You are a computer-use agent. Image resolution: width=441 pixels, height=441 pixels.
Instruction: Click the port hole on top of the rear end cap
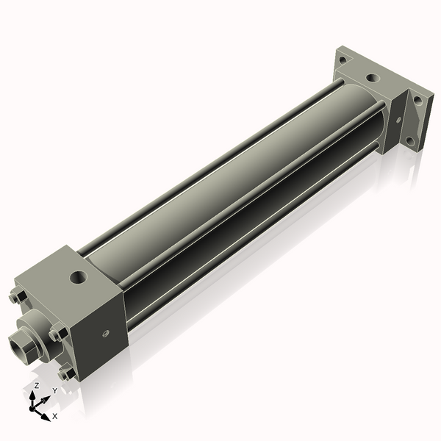373,76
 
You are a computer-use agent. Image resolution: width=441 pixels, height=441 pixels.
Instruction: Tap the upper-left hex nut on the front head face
18,297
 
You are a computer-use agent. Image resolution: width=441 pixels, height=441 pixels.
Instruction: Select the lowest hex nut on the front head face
67,373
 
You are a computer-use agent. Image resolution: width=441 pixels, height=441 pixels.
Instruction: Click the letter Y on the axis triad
54,391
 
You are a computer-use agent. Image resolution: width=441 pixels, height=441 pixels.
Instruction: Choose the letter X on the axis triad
54,416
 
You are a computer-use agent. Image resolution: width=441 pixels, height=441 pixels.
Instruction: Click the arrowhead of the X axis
46,413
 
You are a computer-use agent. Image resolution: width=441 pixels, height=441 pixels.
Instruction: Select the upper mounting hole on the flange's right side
417,101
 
